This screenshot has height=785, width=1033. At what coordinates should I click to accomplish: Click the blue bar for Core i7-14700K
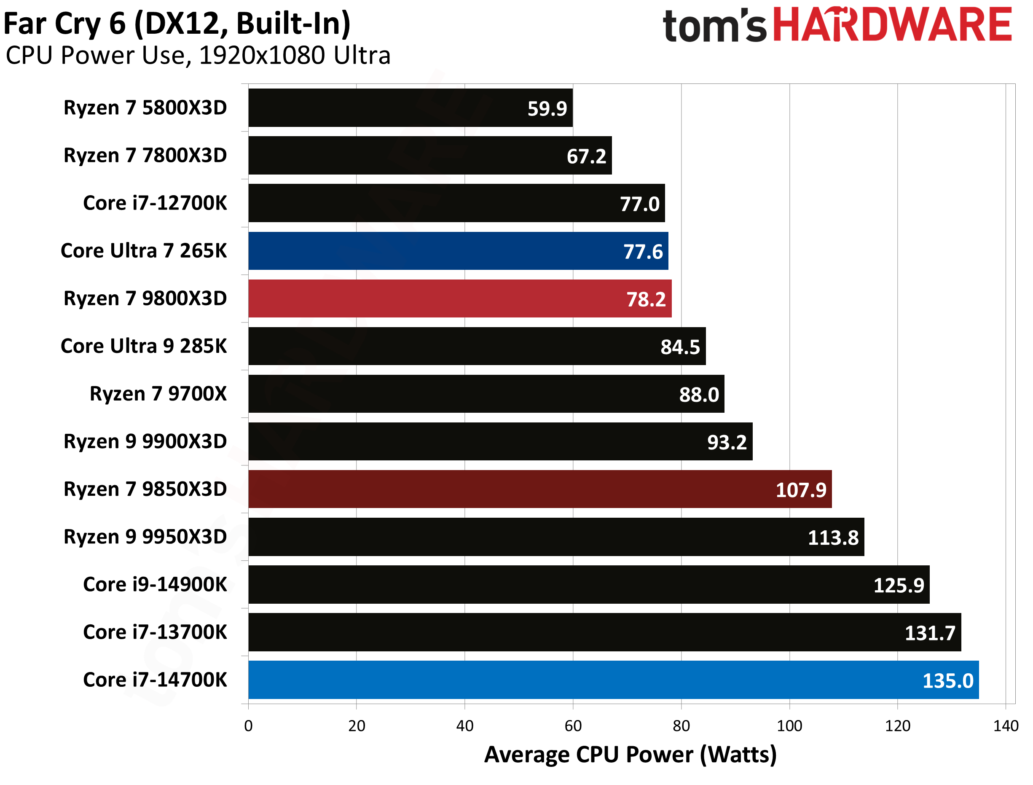613,680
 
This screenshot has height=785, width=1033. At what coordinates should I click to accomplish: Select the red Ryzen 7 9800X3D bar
459,298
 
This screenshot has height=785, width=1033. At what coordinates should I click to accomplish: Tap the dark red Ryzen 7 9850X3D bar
539,489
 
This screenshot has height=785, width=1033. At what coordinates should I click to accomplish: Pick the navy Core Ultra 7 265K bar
458,250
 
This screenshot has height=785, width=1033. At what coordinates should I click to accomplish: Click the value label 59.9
547,108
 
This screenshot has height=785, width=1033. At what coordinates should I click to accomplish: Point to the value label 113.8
833,538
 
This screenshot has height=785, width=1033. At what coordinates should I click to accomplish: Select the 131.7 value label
929,633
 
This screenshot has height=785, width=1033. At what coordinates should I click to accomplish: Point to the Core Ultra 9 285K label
143,346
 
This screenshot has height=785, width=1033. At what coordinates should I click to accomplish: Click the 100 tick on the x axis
789,726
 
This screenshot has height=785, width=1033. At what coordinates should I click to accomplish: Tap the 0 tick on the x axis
248,726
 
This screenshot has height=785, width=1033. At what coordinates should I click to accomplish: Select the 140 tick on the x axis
1006,726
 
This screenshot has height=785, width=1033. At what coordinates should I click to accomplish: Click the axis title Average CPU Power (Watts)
630,755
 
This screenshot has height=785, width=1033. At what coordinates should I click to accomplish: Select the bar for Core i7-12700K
456,203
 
